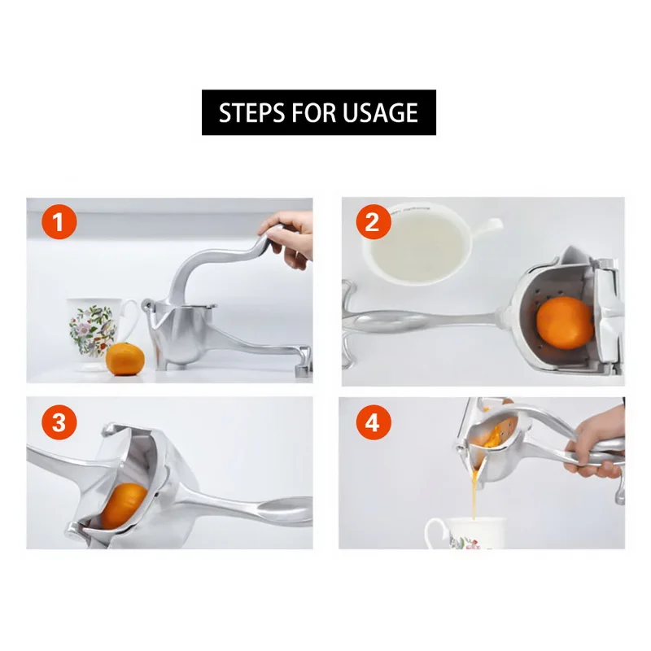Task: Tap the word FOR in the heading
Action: click(315, 112)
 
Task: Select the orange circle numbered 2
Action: click(373, 221)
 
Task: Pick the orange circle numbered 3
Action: click(59, 422)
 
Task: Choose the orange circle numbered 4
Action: click(373, 422)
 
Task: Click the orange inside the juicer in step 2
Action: click(565, 322)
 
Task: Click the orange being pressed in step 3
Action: click(123, 505)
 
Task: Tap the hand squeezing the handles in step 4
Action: click(596, 442)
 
